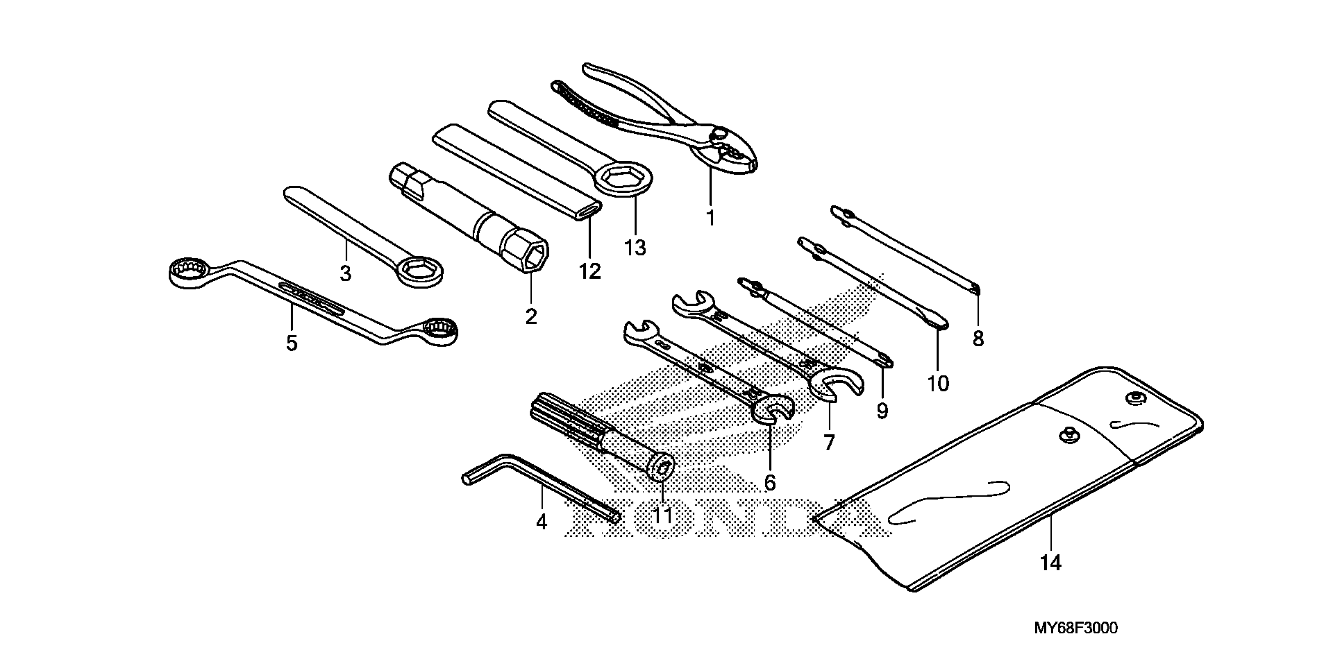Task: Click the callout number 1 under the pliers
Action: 711,218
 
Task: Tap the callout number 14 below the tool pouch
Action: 1051,563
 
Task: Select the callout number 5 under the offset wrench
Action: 292,343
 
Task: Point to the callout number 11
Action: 663,516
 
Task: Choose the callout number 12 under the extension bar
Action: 590,271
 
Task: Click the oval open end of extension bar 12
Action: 589,210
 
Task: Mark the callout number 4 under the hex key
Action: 541,522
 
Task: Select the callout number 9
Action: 882,411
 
